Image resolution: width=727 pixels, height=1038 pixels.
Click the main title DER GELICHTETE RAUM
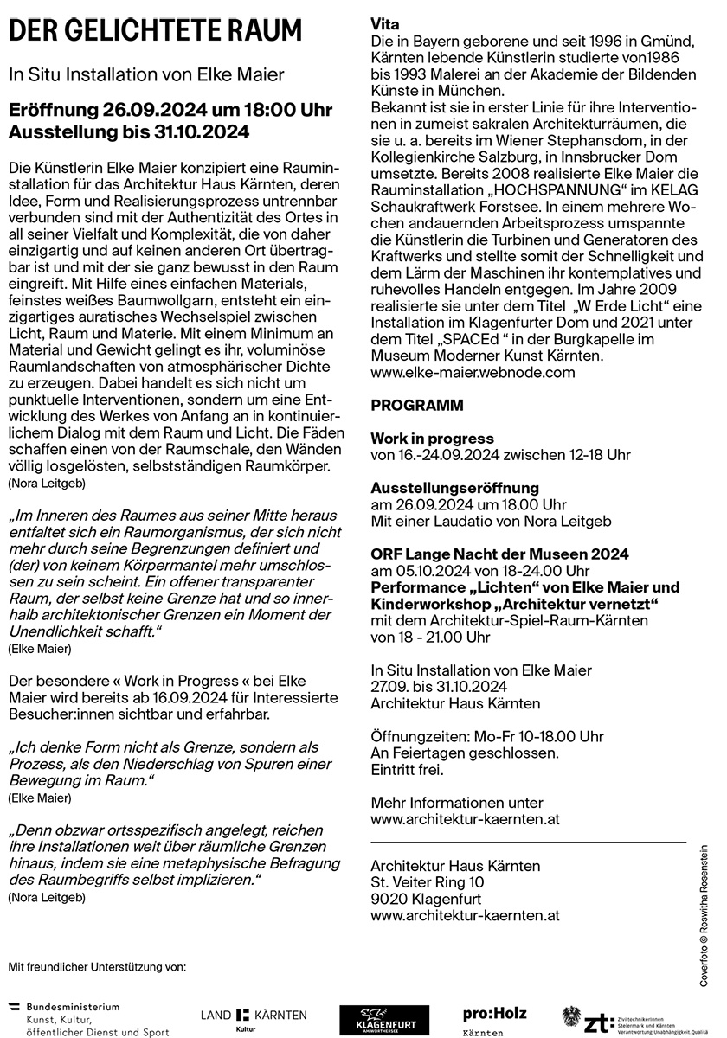[156, 32]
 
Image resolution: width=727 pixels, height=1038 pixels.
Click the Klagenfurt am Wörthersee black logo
[372, 1020]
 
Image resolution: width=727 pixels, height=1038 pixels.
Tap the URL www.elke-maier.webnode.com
[473, 372]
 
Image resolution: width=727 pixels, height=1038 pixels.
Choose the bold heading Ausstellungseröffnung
[454, 488]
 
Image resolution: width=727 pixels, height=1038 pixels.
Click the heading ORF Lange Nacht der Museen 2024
[499, 554]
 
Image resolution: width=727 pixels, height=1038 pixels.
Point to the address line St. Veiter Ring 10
[427, 881]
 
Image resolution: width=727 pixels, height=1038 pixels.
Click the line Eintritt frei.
[407, 769]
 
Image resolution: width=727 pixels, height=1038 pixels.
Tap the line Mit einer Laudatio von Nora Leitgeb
[491, 521]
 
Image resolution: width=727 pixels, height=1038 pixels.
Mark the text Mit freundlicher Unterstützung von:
[97, 965]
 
